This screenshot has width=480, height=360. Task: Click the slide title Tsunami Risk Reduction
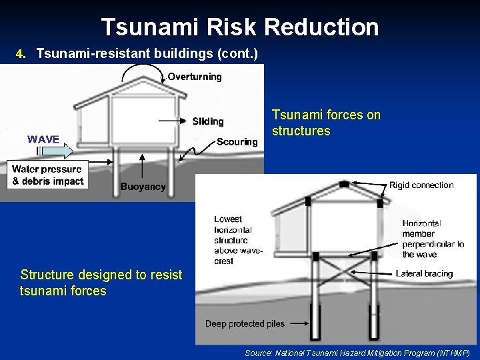pyautogui.click(x=240, y=27)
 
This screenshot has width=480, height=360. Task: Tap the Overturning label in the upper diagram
pyautogui.click(x=195, y=77)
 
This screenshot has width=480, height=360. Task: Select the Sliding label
pyautogui.click(x=208, y=121)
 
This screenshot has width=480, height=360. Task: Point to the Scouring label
pyautogui.click(x=237, y=142)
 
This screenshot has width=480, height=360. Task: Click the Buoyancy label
pyautogui.click(x=143, y=187)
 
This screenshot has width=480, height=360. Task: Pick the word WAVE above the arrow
pyautogui.click(x=43, y=139)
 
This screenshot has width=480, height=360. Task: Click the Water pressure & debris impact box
pyautogui.click(x=47, y=175)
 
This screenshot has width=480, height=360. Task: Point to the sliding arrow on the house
pyautogui.click(x=174, y=121)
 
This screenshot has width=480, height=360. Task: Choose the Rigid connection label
pyautogui.click(x=421, y=185)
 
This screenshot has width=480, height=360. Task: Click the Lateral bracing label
pyautogui.click(x=424, y=273)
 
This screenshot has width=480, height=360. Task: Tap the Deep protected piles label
pyautogui.click(x=245, y=324)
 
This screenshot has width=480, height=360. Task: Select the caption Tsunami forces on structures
pyautogui.click(x=326, y=123)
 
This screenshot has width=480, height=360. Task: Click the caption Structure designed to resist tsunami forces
pyautogui.click(x=101, y=283)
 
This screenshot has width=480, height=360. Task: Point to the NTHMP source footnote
pyautogui.click(x=357, y=353)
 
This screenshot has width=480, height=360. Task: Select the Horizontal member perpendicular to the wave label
pyautogui.click(x=433, y=239)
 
